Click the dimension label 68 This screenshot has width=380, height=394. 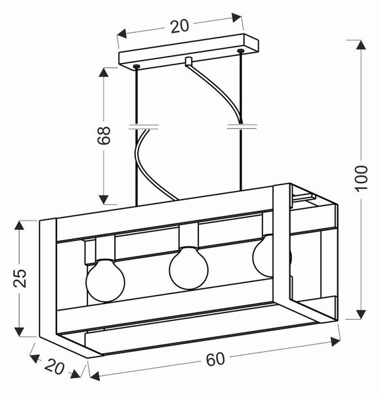tap(104, 135)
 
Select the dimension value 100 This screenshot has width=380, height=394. tap(361, 179)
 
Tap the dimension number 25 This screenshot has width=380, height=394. tap(20, 278)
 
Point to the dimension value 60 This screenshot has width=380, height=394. tap(215, 359)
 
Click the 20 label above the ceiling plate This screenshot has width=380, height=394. tap(179, 26)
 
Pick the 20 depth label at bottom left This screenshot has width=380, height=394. tap(54, 367)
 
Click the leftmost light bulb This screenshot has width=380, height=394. tap(105, 280)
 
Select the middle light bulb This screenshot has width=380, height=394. tap(188, 268)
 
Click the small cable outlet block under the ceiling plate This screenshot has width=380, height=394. tap(188, 61)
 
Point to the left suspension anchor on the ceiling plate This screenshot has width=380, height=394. tap(137, 66)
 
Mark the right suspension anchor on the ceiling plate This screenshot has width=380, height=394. tap(240, 51)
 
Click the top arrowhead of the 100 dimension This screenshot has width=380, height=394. tap(361, 45)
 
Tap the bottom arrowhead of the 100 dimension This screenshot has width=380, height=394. tap(361, 315)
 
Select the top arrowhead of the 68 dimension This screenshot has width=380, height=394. tap(104, 72)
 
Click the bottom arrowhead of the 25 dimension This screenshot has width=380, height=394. tap(19, 332)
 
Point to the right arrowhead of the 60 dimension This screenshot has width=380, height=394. tap(335, 342)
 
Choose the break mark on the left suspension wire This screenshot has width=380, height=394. tap(144, 127)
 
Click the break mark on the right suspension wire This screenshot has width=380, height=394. tap(242, 126)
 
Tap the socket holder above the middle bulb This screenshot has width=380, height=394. tap(188, 236)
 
